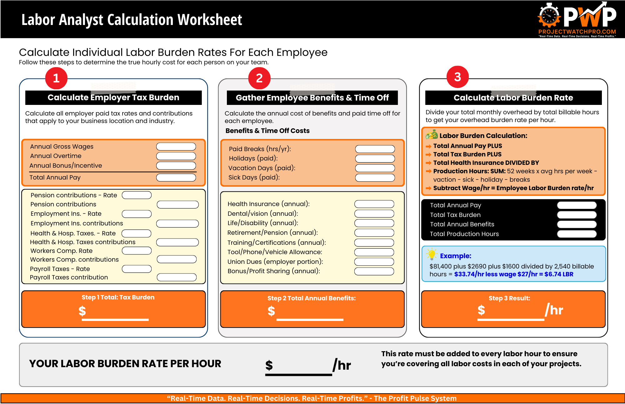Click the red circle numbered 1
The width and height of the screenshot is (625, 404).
tap(56, 78)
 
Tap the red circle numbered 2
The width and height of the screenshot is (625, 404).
tap(259, 78)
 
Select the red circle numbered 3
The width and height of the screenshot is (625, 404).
tap(457, 77)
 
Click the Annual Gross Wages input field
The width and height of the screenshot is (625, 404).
tap(176, 146)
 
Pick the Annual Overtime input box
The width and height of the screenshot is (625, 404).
tap(176, 156)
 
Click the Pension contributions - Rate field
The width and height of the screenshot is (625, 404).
tap(137, 195)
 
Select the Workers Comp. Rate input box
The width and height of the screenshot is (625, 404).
tap(137, 251)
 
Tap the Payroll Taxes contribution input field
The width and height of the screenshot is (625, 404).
tap(177, 277)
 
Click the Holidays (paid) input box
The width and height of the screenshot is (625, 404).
tap(375, 159)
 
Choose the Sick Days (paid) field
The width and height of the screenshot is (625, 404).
tap(375, 178)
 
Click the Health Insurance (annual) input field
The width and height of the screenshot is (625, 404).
tap(374, 204)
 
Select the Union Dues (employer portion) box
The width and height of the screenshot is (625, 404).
tap(374, 262)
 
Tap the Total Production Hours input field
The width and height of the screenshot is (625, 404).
tap(577, 234)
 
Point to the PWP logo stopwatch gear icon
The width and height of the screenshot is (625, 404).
tap(549, 16)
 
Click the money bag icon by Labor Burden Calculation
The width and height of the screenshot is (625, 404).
tap(432, 135)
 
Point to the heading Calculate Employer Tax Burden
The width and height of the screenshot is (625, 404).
tap(113, 97)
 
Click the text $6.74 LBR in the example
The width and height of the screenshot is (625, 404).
tap(559, 274)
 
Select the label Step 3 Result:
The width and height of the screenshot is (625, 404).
tap(509, 298)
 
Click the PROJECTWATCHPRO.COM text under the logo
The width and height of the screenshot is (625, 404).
tap(577, 32)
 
